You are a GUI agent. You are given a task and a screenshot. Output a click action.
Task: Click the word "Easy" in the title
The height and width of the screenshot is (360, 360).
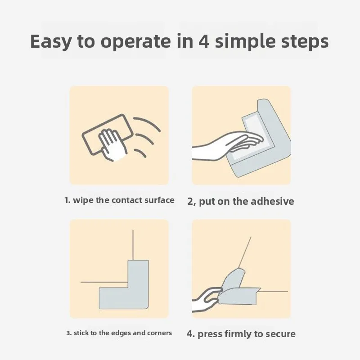coord(51,42)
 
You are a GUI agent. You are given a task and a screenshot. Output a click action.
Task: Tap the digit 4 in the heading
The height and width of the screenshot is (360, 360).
coord(204,41)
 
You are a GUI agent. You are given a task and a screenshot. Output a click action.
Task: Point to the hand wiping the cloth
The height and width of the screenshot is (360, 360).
coord(113,145)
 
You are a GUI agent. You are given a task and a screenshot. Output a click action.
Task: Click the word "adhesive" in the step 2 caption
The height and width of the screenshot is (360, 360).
coord(272,201)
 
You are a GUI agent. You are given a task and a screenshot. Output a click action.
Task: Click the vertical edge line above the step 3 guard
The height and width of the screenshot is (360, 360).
coord(133,245)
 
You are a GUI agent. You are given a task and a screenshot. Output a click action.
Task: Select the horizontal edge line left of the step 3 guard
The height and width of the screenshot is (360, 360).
coord(104,282)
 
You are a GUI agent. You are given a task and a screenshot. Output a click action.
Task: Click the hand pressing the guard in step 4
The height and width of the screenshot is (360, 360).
coord(206,300)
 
